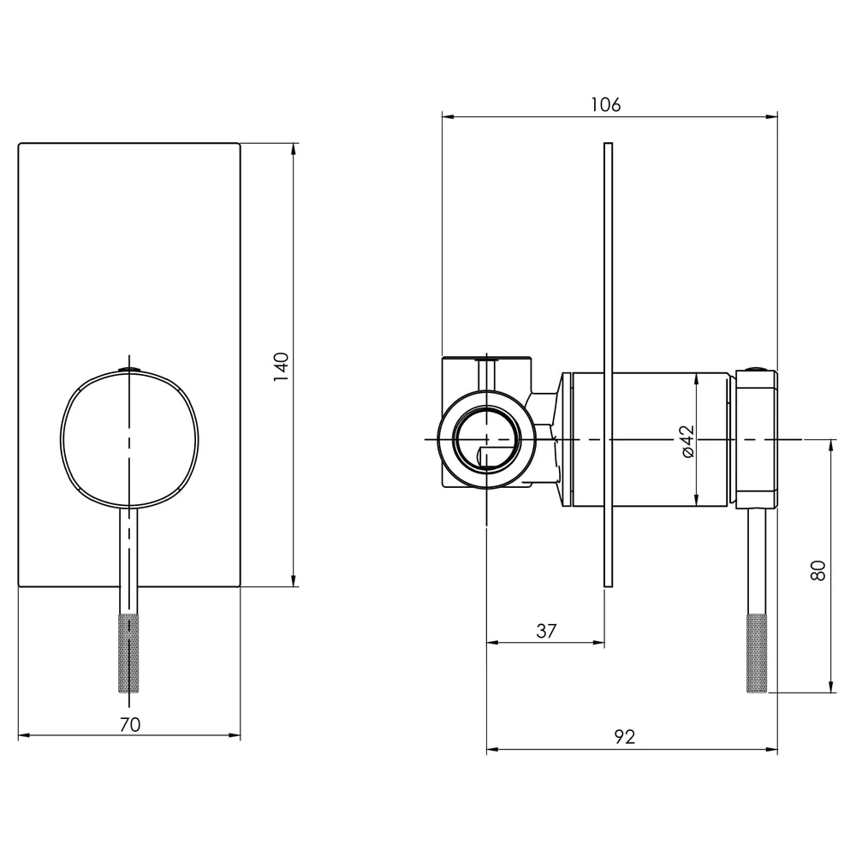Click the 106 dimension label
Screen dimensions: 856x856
click(x=606, y=104)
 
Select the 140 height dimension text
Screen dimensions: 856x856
click(x=281, y=367)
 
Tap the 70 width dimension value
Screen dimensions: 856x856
click(x=130, y=724)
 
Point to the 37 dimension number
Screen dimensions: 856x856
click(x=546, y=631)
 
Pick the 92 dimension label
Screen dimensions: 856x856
click(x=625, y=737)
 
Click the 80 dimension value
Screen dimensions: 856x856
click(x=817, y=570)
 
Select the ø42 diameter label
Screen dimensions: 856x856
click(x=687, y=441)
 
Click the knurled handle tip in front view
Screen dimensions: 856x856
click(x=129, y=653)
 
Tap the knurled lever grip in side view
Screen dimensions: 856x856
click(x=756, y=653)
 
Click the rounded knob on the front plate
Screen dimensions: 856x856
click(x=129, y=439)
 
